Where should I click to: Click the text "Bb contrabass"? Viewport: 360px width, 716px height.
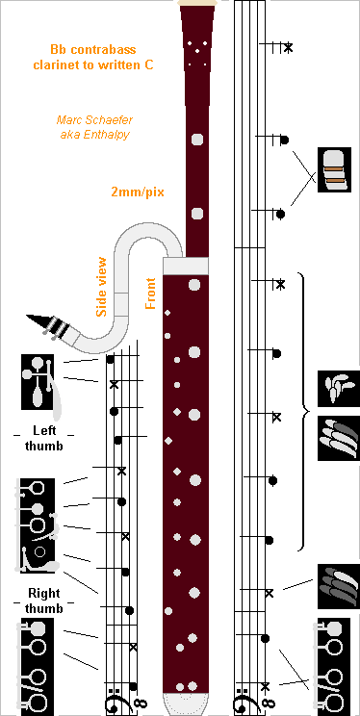pyautogui.click(x=101, y=48)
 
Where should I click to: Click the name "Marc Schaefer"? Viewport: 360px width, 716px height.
pyautogui.click(x=94, y=120)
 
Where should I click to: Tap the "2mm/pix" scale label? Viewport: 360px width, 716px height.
pyautogui.click(x=138, y=192)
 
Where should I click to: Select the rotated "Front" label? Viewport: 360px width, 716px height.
pyautogui.click(x=150, y=294)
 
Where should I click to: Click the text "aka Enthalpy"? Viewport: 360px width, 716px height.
pyautogui.click(x=94, y=135)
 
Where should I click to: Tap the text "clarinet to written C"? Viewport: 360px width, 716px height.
pyautogui.click(x=101, y=64)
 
